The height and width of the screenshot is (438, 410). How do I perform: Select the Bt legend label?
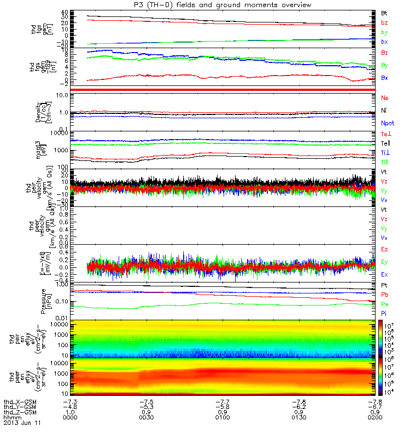(384, 12)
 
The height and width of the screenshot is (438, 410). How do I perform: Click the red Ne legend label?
(384, 98)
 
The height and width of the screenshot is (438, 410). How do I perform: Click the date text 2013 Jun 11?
(22, 423)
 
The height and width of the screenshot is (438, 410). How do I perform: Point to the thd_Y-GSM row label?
(20, 407)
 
